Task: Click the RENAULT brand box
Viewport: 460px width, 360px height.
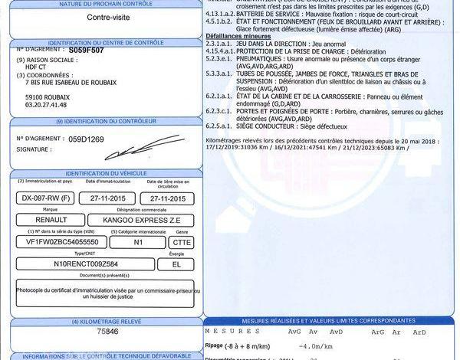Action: (x=45, y=220)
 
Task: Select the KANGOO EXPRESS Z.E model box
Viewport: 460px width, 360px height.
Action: (x=142, y=220)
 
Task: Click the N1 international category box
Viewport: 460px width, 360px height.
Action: (x=138, y=241)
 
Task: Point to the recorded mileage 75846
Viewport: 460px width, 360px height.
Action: (x=107, y=332)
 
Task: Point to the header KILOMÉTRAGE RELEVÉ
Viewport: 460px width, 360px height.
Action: (x=107, y=322)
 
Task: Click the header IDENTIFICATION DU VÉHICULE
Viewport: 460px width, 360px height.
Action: (x=107, y=174)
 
